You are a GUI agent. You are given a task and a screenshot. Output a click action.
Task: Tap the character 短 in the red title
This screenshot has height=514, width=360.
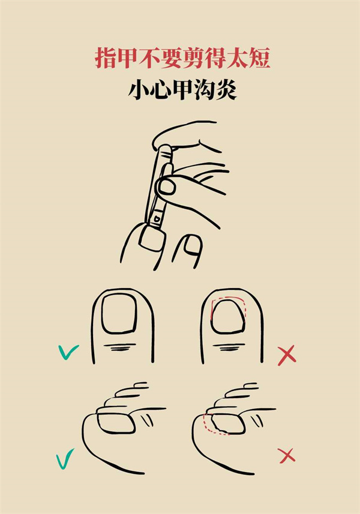click(259, 58)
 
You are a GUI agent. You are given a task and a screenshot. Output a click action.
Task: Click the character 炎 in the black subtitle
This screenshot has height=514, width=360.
click(226, 89)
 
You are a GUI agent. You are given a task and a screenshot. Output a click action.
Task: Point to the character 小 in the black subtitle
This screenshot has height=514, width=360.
click(139, 89)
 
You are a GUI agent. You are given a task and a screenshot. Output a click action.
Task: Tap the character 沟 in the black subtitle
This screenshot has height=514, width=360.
click(204, 89)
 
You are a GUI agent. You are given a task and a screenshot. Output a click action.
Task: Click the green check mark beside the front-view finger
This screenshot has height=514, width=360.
click(68, 351)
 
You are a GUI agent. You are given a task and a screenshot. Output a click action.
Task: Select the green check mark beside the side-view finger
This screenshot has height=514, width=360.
click(65, 459)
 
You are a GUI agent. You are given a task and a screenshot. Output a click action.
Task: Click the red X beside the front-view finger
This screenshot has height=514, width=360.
click(287, 355)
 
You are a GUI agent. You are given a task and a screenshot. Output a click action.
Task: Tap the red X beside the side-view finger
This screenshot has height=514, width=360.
click(287, 456)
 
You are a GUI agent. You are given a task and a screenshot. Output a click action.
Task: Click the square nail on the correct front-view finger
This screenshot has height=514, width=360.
click(119, 314)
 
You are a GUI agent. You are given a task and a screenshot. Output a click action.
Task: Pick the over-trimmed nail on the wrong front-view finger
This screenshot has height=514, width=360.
click(228, 316)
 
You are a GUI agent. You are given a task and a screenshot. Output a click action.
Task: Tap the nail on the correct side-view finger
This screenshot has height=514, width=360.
click(116, 423)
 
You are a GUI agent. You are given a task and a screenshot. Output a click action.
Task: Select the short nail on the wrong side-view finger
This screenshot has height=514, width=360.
click(228, 423)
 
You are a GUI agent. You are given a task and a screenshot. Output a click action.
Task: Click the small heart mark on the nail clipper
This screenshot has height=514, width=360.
click(157, 218)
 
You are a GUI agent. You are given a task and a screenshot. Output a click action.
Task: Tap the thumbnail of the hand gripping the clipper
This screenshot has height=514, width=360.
click(167, 188)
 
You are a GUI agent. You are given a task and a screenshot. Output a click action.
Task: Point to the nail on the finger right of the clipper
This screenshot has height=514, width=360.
click(192, 245)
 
